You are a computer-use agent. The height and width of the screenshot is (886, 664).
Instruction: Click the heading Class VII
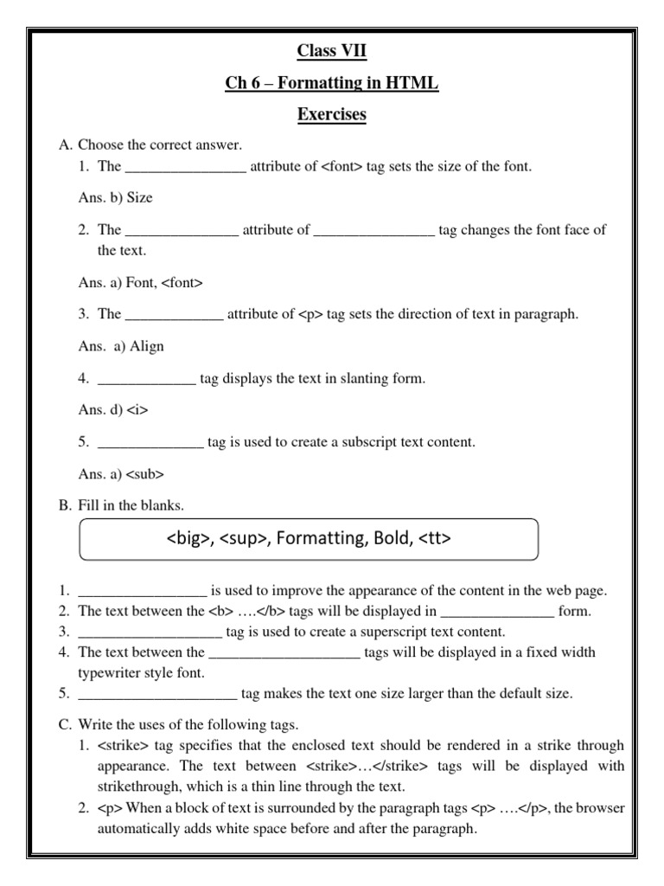click(x=332, y=52)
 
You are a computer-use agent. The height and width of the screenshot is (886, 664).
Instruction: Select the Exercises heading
click(x=332, y=115)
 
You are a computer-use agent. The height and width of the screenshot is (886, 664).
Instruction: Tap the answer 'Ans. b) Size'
click(x=115, y=197)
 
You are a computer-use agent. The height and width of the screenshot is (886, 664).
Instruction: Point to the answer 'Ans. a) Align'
click(x=121, y=346)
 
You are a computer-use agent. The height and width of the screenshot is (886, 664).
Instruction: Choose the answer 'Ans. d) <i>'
click(x=113, y=410)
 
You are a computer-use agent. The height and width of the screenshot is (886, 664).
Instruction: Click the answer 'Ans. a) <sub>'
click(x=121, y=474)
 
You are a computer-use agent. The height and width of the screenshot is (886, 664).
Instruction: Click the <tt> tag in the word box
click(x=435, y=539)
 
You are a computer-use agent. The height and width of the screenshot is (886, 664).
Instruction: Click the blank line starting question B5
click(x=156, y=693)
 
